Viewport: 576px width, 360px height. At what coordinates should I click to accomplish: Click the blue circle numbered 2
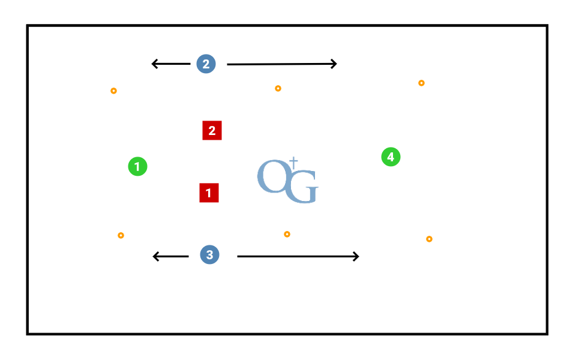(x=206, y=64)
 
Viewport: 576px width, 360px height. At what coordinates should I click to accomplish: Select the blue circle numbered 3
(x=209, y=255)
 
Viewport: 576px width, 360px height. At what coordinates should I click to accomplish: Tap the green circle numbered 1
(x=137, y=166)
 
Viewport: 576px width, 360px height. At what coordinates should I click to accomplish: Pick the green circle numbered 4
(x=391, y=157)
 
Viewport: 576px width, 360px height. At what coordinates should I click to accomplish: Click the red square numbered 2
(x=212, y=130)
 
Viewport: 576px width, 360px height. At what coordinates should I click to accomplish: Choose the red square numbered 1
(x=209, y=193)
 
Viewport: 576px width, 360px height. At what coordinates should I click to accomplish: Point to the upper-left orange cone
(x=113, y=91)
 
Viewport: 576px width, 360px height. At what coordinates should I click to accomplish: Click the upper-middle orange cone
(x=278, y=89)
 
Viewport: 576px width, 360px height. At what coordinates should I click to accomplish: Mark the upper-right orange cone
(x=421, y=83)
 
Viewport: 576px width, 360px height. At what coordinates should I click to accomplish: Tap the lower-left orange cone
(x=121, y=235)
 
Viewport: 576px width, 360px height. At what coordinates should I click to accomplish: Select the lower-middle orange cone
(x=287, y=234)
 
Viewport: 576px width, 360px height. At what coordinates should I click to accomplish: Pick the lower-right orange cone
(x=429, y=239)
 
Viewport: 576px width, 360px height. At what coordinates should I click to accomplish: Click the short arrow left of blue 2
(x=170, y=64)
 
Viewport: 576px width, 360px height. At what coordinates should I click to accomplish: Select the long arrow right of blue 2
(x=281, y=64)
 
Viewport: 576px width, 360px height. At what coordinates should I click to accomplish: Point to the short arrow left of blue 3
(x=171, y=257)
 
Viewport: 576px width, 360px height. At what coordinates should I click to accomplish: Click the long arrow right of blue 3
(x=298, y=257)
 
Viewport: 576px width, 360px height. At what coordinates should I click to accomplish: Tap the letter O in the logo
(x=271, y=176)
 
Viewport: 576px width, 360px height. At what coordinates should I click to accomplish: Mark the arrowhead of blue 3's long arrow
(x=356, y=257)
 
